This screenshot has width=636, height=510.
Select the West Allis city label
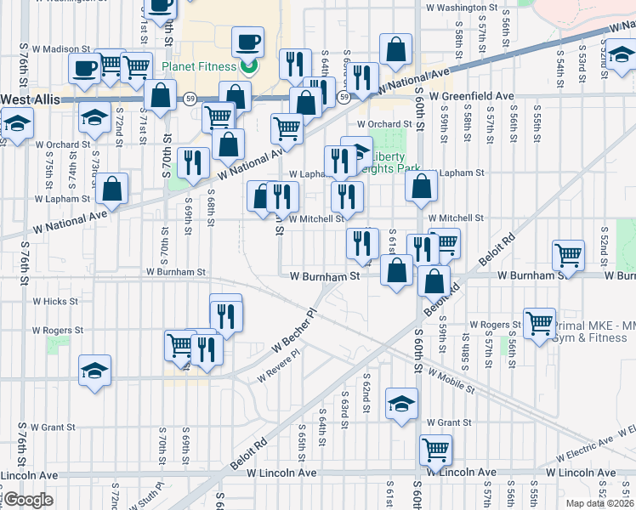30,99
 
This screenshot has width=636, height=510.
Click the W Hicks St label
55,301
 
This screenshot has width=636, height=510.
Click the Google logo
28,500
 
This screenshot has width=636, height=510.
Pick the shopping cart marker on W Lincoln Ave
435,449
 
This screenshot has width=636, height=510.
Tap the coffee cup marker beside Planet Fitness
247,41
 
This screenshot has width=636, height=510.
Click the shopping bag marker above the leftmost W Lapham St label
111,189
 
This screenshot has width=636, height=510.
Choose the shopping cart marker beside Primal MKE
539,322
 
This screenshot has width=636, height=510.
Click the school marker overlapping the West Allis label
16,125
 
